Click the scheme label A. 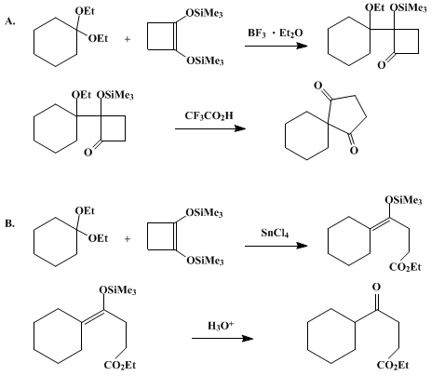tap(10, 21)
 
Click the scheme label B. tap(10, 223)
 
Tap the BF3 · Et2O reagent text tap(275, 34)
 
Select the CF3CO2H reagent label tap(209, 115)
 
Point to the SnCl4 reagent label tap(275, 233)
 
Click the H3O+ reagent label tap(221, 326)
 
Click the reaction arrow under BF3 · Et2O tap(276, 46)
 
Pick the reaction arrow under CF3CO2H tap(210, 128)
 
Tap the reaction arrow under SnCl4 tap(276, 246)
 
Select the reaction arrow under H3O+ tap(222, 338)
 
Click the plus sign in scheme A tap(128, 39)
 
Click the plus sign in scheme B tap(128, 239)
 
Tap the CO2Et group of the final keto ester tap(393, 365)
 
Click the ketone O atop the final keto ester tap(376, 287)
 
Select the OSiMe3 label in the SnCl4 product tap(403, 200)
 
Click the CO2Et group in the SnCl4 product tap(405, 267)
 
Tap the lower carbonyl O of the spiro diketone tap(354, 151)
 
